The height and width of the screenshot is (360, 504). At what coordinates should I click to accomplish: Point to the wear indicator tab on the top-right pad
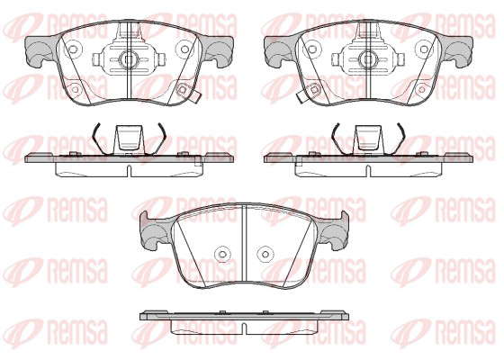(301, 97)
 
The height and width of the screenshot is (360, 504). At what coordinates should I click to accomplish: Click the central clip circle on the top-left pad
(128, 59)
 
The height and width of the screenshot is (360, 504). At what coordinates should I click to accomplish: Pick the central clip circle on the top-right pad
(367, 59)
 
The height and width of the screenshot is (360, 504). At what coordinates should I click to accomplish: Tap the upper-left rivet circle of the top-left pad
(73, 49)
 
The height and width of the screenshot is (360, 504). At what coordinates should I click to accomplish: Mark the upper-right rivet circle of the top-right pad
(424, 49)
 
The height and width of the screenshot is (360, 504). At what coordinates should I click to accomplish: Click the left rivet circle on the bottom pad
(222, 254)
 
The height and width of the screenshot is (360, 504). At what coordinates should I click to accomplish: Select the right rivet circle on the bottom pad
(265, 254)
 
